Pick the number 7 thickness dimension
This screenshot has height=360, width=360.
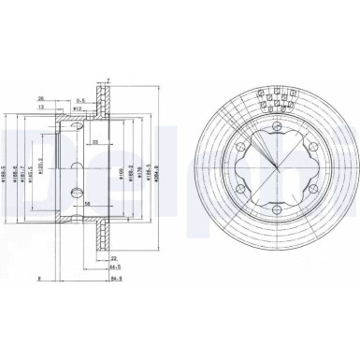point(110,82)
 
